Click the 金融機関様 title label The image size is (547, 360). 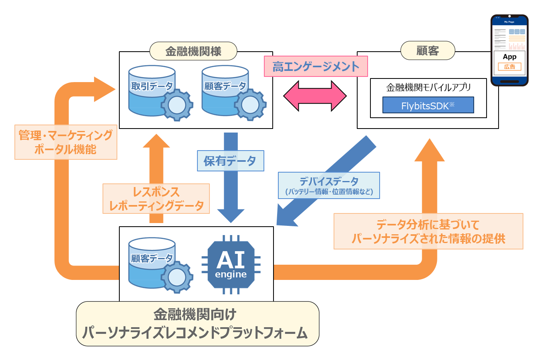pyautogui.click(x=193, y=51)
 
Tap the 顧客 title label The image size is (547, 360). pyautogui.click(x=428, y=51)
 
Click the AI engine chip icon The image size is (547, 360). pyautogui.click(x=231, y=265)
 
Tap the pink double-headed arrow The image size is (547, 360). pyautogui.click(x=315, y=96)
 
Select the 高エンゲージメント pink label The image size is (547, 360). pyautogui.click(x=316, y=66)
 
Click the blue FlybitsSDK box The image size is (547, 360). pyautogui.click(x=428, y=105)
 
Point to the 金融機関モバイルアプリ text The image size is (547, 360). pyautogui.click(x=428, y=87)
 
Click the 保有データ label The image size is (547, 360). pyautogui.click(x=230, y=161)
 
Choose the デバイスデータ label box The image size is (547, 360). pyautogui.click(x=329, y=185)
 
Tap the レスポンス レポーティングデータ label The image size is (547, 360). pyautogui.click(x=156, y=199)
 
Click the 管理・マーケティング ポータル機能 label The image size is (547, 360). pyautogui.click(x=66, y=142)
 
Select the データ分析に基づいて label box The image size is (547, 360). pyautogui.click(x=428, y=231)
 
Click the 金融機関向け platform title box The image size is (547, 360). pyautogui.click(x=197, y=324)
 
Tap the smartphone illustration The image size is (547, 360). pyautogui.click(x=509, y=50)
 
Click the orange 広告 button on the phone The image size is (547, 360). pyautogui.click(x=509, y=67)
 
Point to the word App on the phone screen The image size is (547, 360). pyautogui.click(x=509, y=57)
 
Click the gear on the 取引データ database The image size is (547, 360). pyautogui.click(x=177, y=105)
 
